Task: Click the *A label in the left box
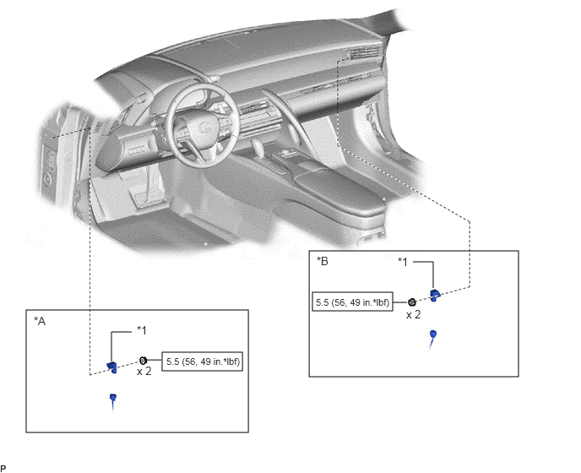pos(40,321)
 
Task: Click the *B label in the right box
pos(323,261)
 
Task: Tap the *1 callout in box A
pos(142,330)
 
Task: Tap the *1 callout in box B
pos(403,262)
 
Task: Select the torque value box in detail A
pos(203,362)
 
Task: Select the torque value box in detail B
pos(352,302)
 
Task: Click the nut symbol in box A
pos(144,360)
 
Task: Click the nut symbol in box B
pos(411,302)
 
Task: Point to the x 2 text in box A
pos(144,371)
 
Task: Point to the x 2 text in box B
pos(414,315)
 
